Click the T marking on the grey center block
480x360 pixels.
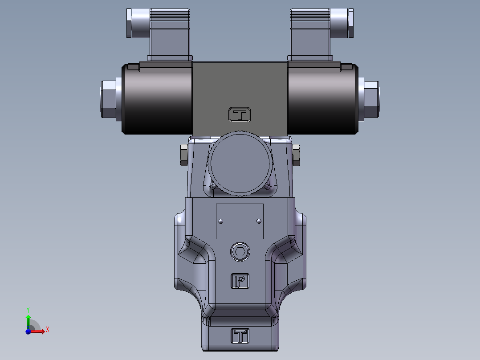240,115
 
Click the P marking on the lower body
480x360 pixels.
240,281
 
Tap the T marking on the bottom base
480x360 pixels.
240,335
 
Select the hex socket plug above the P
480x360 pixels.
240,252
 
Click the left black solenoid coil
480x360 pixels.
157,99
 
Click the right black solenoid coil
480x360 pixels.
322,99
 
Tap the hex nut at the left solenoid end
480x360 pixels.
107,98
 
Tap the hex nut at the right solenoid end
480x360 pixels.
371,98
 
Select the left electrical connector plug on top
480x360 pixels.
169,37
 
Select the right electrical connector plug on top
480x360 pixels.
311,37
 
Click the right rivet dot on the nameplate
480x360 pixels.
260,221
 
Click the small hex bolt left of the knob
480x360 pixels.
183,155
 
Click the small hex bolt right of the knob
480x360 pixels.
296,155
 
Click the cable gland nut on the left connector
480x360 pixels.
129,23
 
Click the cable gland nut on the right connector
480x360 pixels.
351,23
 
